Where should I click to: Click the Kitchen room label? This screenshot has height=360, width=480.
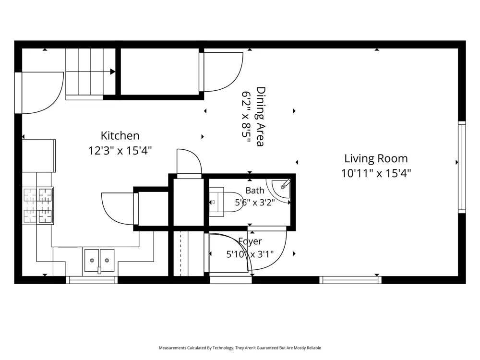pos(120,136)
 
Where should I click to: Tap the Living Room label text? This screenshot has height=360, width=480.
pos(376,158)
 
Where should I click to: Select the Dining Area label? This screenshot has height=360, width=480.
pos(261,117)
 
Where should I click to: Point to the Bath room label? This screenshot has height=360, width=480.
pos(255,191)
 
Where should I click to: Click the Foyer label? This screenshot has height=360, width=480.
pos(250,241)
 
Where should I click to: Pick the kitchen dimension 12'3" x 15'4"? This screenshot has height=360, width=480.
pos(120,151)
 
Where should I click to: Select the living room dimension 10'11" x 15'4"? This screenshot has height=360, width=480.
pos(376,174)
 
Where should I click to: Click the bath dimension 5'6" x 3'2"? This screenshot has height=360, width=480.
pos(255,203)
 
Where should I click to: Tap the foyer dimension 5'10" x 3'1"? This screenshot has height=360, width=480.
pos(250,254)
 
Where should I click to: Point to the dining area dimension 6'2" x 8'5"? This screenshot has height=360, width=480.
pos(246,117)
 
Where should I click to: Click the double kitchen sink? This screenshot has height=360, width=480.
pos(99,261)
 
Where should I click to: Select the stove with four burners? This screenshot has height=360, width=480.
pos(38,205)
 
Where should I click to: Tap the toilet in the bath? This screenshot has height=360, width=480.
pos(226,202)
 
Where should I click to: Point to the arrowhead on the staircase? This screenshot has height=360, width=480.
pos(113,72)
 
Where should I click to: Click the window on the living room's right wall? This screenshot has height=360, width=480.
pos(462,167)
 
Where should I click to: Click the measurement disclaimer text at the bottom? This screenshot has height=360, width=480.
pos(240,348)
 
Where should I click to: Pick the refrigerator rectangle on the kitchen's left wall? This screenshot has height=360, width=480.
pos(39,156)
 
